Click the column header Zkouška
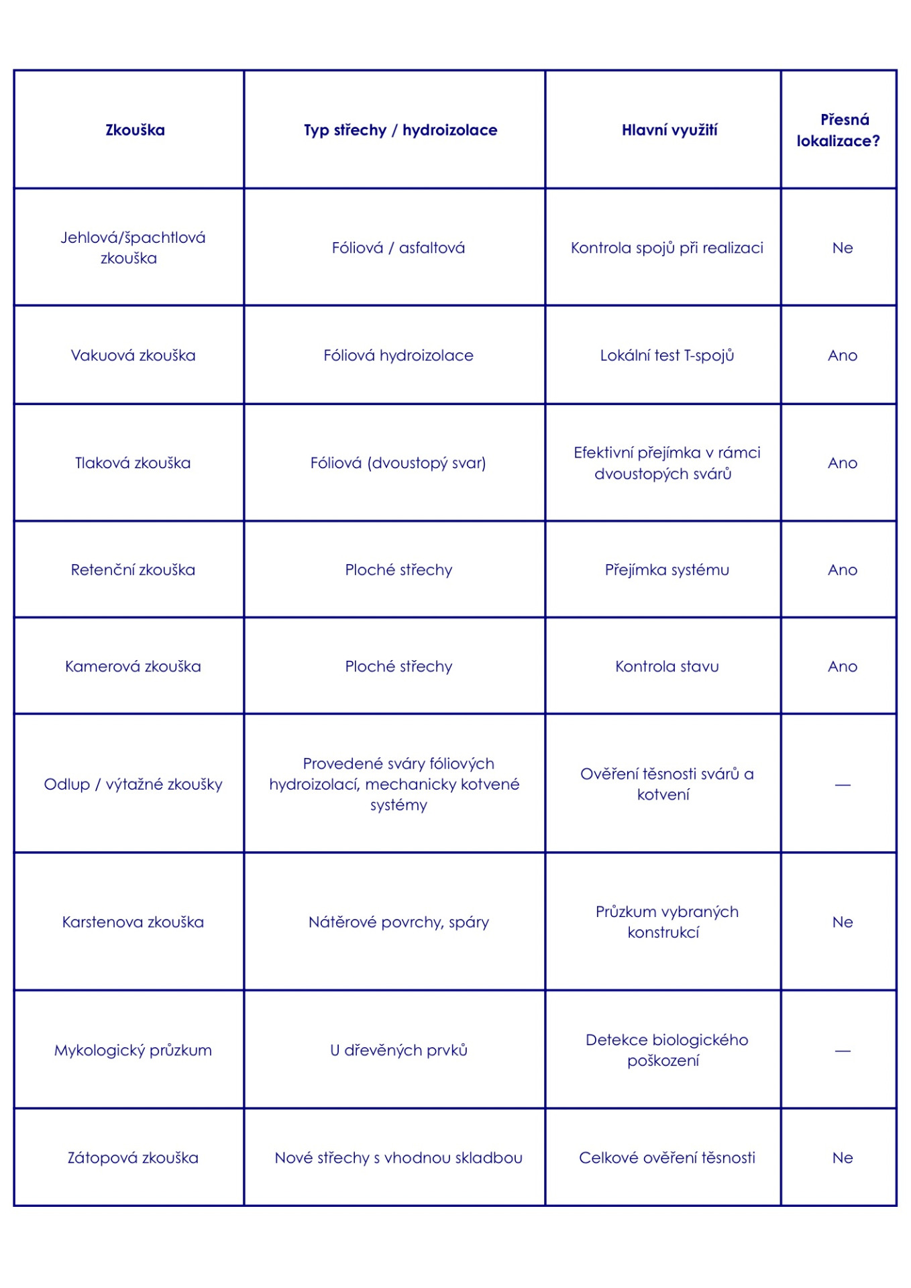135,130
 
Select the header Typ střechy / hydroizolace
400,130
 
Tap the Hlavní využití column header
669,130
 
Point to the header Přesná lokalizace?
839,130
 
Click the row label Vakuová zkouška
133,356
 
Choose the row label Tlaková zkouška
133,463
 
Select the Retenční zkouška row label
133,570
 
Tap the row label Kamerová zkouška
133,667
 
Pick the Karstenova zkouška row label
133,922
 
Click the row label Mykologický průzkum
133,1051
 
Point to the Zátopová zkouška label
133,1158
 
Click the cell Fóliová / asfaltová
398,248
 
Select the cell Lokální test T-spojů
667,356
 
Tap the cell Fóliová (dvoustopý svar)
398,463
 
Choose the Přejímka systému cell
667,570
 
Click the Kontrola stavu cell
667,667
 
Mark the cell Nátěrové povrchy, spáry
398,922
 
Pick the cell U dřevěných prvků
398,1051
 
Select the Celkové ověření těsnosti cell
667,1158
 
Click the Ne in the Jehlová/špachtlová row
843,248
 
